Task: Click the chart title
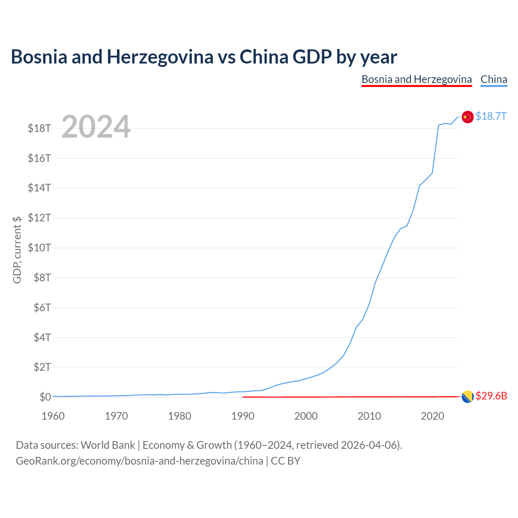point(204,57)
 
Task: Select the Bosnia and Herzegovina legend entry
point(416,80)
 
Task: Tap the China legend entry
point(494,80)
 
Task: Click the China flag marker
point(467,117)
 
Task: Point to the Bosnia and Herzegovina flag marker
point(467,397)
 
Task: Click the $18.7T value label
point(491,116)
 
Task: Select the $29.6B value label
point(491,396)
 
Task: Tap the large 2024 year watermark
point(96,126)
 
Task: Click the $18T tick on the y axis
point(39,128)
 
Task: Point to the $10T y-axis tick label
point(39,248)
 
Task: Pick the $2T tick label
point(42,367)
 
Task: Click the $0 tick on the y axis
point(45,397)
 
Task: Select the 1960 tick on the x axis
point(53,416)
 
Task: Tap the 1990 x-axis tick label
point(243,416)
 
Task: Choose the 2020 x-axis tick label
point(432,416)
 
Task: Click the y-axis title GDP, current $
point(17,250)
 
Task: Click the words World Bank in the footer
point(108,445)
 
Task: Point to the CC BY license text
point(285,461)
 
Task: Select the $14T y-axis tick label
point(39,188)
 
